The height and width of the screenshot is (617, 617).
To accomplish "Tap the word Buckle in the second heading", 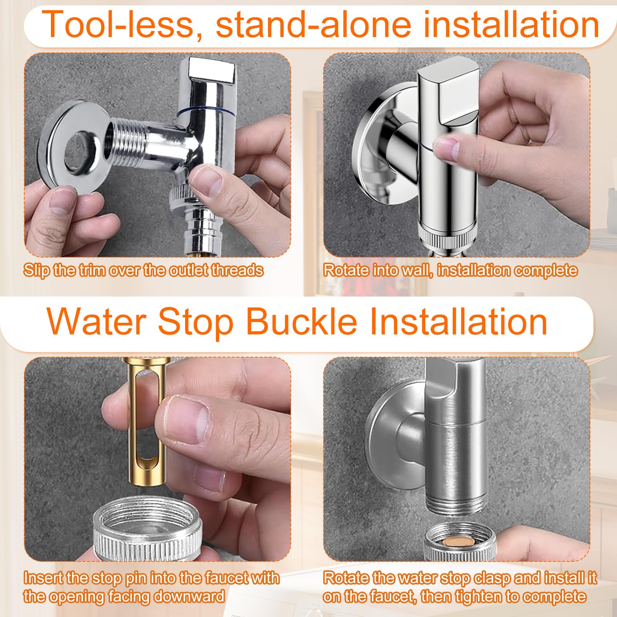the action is tap(302, 322).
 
